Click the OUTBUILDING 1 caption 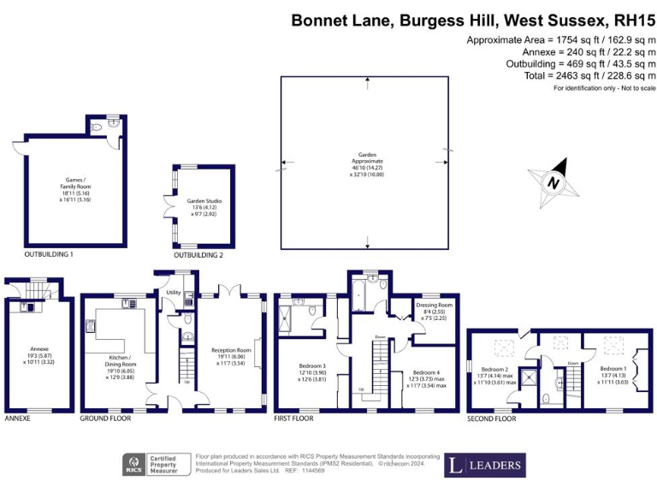click(49, 255)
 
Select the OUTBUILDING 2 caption click(198, 255)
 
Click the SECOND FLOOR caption click(492, 419)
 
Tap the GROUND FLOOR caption click(105, 419)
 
